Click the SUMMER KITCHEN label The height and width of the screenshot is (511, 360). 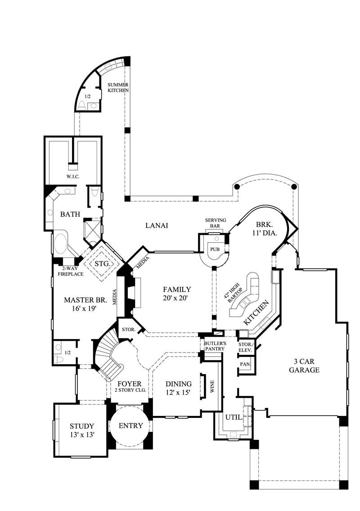118,87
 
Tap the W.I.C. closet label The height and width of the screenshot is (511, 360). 72,176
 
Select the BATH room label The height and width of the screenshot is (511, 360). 70,214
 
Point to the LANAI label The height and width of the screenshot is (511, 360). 157,225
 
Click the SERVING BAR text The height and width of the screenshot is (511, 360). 216,222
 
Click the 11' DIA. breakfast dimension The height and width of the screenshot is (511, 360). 264,233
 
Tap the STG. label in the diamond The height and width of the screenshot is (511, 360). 103,263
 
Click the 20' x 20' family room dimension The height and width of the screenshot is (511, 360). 177,298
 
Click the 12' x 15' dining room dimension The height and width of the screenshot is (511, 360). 178,392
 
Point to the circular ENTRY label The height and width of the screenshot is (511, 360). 131,425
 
